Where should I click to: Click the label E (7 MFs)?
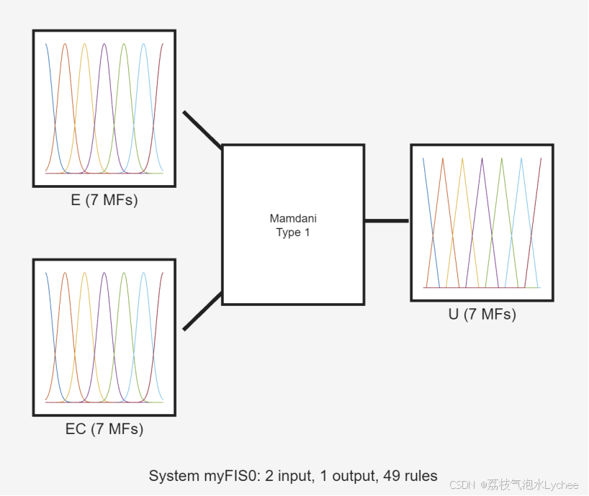click(x=104, y=200)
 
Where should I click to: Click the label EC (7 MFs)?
click(x=104, y=429)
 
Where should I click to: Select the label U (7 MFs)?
click(x=482, y=314)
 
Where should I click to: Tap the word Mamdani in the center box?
click(x=293, y=218)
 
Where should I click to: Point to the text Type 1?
click(x=293, y=232)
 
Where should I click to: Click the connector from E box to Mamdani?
click(x=202, y=130)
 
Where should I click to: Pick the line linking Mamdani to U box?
click(x=387, y=220)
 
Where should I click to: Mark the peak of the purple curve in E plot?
click(x=104, y=44)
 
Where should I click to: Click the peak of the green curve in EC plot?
click(x=124, y=273)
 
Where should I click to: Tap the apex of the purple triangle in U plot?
click(x=482, y=158)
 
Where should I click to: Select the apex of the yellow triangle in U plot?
click(x=462, y=158)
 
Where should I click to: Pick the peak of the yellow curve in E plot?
click(x=84, y=44)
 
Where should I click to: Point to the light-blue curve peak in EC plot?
click(x=143, y=273)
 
